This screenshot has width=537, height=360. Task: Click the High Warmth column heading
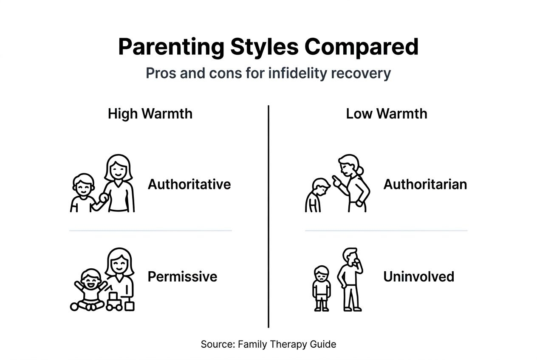[x=150, y=114]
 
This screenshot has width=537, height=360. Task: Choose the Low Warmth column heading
[x=387, y=114]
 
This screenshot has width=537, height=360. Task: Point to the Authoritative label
[x=189, y=184]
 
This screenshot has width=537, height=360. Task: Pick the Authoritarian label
[x=425, y=184]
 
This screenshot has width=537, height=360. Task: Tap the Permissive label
[x=182, y=276]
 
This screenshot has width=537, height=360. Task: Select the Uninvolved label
[x=418, y=276]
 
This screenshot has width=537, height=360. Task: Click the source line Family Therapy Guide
[x=268, y=344]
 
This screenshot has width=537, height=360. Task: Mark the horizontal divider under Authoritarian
[x=386, y=231]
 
